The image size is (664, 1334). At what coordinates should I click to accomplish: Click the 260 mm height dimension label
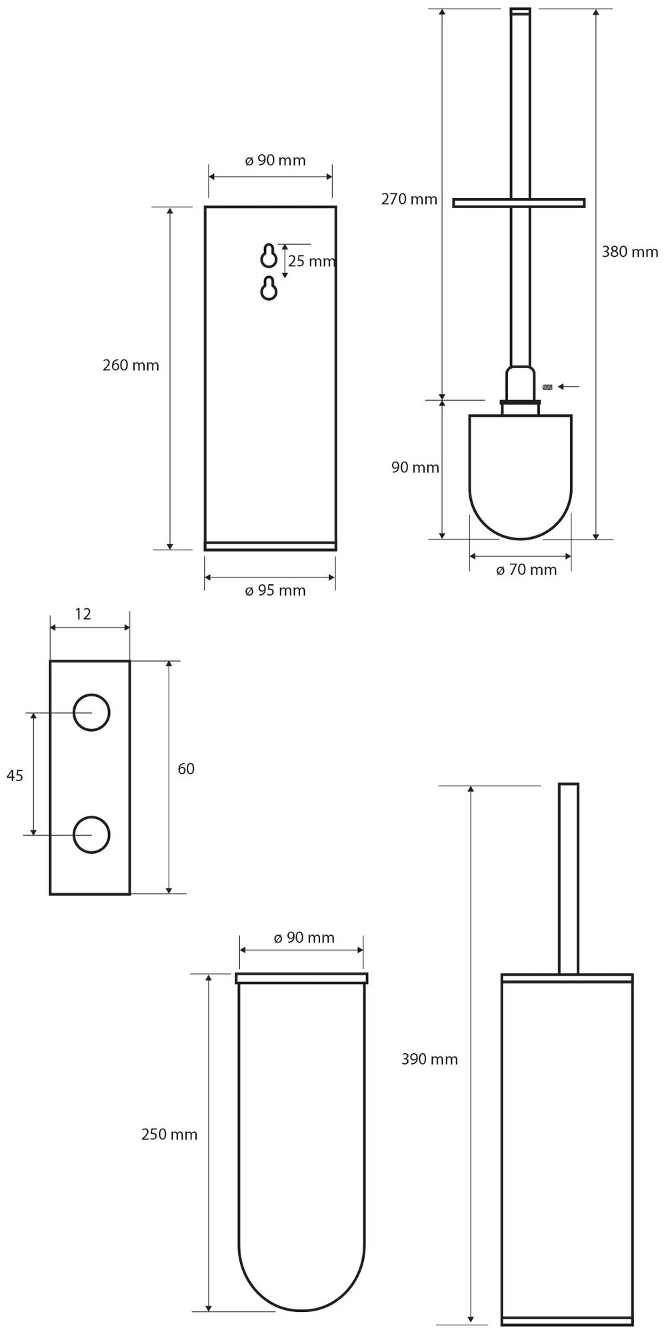coord(131,366)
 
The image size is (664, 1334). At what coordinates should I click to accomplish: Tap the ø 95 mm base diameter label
coord(275,591)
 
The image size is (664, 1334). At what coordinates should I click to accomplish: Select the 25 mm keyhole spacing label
coord(311,261)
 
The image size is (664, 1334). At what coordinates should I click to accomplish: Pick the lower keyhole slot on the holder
coord(269,287)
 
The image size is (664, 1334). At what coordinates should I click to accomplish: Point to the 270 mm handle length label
coord(409,199)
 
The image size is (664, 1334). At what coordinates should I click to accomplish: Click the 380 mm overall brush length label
coord(629,251)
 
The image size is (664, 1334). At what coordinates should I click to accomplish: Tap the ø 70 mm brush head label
coord(526,570)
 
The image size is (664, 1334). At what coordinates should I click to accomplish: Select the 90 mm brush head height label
coord(415,468)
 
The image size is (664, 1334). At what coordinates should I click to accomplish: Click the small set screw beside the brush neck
coord(548,387)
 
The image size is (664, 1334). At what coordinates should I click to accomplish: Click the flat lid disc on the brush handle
coord(519,202)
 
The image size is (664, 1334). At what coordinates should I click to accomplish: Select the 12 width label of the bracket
coord(83,614)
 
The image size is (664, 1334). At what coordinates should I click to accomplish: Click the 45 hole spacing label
coord(15,775)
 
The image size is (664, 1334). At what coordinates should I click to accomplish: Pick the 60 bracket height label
coord(186,769)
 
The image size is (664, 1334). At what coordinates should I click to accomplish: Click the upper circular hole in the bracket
coord(91,712)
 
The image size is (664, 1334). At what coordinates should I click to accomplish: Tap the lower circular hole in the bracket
coord(91,834)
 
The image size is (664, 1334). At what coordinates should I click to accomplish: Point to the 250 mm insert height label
coord(169,1135)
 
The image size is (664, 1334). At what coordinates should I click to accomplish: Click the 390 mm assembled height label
coord(430,1059)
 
